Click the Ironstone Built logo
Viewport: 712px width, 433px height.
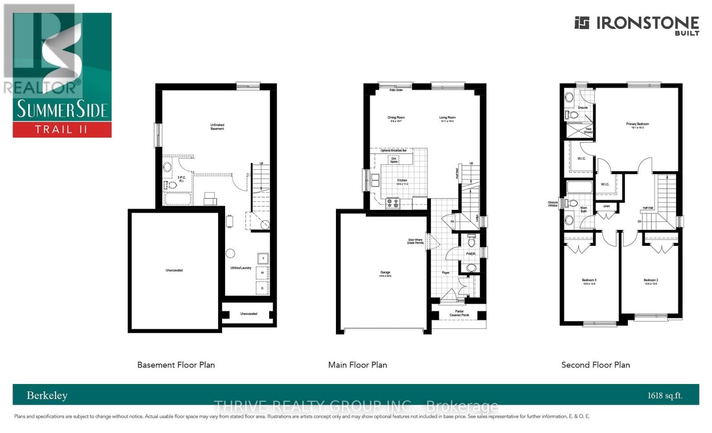pos(636,25)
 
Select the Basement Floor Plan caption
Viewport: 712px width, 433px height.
pos(176,365)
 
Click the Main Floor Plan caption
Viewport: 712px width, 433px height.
pos(357,365)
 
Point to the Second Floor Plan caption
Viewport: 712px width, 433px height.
pos(595,365)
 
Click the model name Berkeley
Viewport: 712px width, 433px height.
pos(47,395)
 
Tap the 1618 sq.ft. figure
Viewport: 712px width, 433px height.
pos(664,395)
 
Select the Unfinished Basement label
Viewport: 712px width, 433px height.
pos(217,127)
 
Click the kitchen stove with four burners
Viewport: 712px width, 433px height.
pos(392,203)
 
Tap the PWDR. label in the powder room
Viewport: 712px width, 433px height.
pos(470,254)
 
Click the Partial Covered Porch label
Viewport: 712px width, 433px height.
pos(459,313)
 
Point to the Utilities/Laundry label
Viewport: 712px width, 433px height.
pos(241,268)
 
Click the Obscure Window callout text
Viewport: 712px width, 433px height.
pos(552,204)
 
